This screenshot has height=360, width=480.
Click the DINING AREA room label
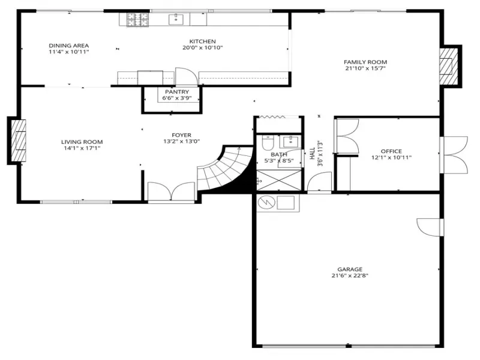pyautogui.click(x=69, y=46)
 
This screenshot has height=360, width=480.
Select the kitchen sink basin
pyautogui.click(x=176, y=19)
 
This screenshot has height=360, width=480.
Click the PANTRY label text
pyautogui.click(x=177, y=92)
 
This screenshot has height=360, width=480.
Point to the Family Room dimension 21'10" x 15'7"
pyautogui.click(x=365, y=68)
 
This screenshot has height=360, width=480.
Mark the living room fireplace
pyautogui.click(x=19, y=140)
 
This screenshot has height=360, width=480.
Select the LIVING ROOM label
pyautogui.click(x=82, y=142)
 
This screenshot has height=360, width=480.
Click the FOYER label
pyautogui.click(x=182, y=135)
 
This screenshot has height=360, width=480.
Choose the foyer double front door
pyautogui.click(x=171, y=192)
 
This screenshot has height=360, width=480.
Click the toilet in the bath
pyautogui.click(x=268, y=143)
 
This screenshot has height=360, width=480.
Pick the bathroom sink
pyautogui.click(x=289, y=142)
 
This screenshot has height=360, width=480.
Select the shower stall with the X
pyautogui.click(x=279, y=181)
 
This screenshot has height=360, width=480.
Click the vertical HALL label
pyautogui.click(x=312, y=154)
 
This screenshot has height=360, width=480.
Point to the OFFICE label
pyautogui.click(x=391, y=151)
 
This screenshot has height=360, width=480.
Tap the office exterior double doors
pyautogui.click(x=454, y=155)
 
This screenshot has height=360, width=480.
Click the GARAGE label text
pyautogui.click(x=350, y=269)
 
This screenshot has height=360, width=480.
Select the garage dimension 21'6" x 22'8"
pyautogui.click(x=350, y=275)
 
